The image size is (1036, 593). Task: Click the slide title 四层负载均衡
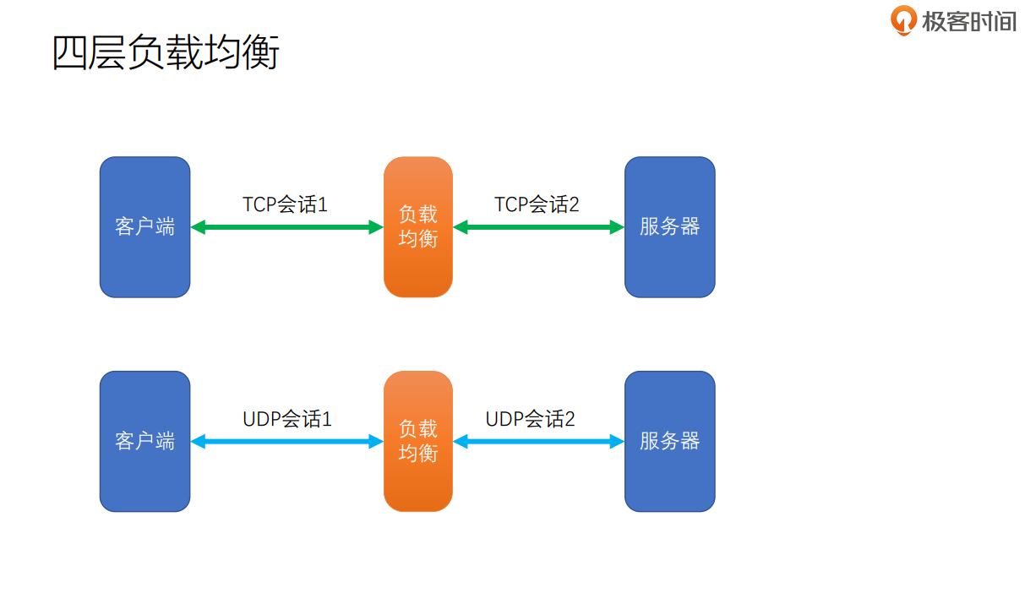coord(166,53)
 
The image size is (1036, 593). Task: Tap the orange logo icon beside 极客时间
coord(903,20)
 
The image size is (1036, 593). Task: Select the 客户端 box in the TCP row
coord(144,226)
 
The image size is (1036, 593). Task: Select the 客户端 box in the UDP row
coord(144,441)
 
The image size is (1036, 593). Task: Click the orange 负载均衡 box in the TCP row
coord(417,226)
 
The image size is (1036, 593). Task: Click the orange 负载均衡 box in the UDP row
coord(417,441)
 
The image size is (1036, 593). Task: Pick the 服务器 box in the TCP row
coord(669,226)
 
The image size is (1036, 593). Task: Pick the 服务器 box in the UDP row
coord(669,441)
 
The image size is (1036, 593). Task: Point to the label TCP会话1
coord(285,204)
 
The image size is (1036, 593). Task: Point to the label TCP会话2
coord(537,204)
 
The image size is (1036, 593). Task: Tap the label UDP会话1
coord(287,419)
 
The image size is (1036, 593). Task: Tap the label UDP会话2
coord(530,419)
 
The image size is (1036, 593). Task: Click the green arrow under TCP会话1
coord(287,227)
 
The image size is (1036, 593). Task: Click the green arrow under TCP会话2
coord(538,227)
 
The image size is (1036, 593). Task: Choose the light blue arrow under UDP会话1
coord(287,441)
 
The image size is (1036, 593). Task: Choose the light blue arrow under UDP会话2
coord(538,441)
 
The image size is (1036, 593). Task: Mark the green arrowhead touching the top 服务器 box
coord(617,227)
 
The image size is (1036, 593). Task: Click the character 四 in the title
coord(70,53)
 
